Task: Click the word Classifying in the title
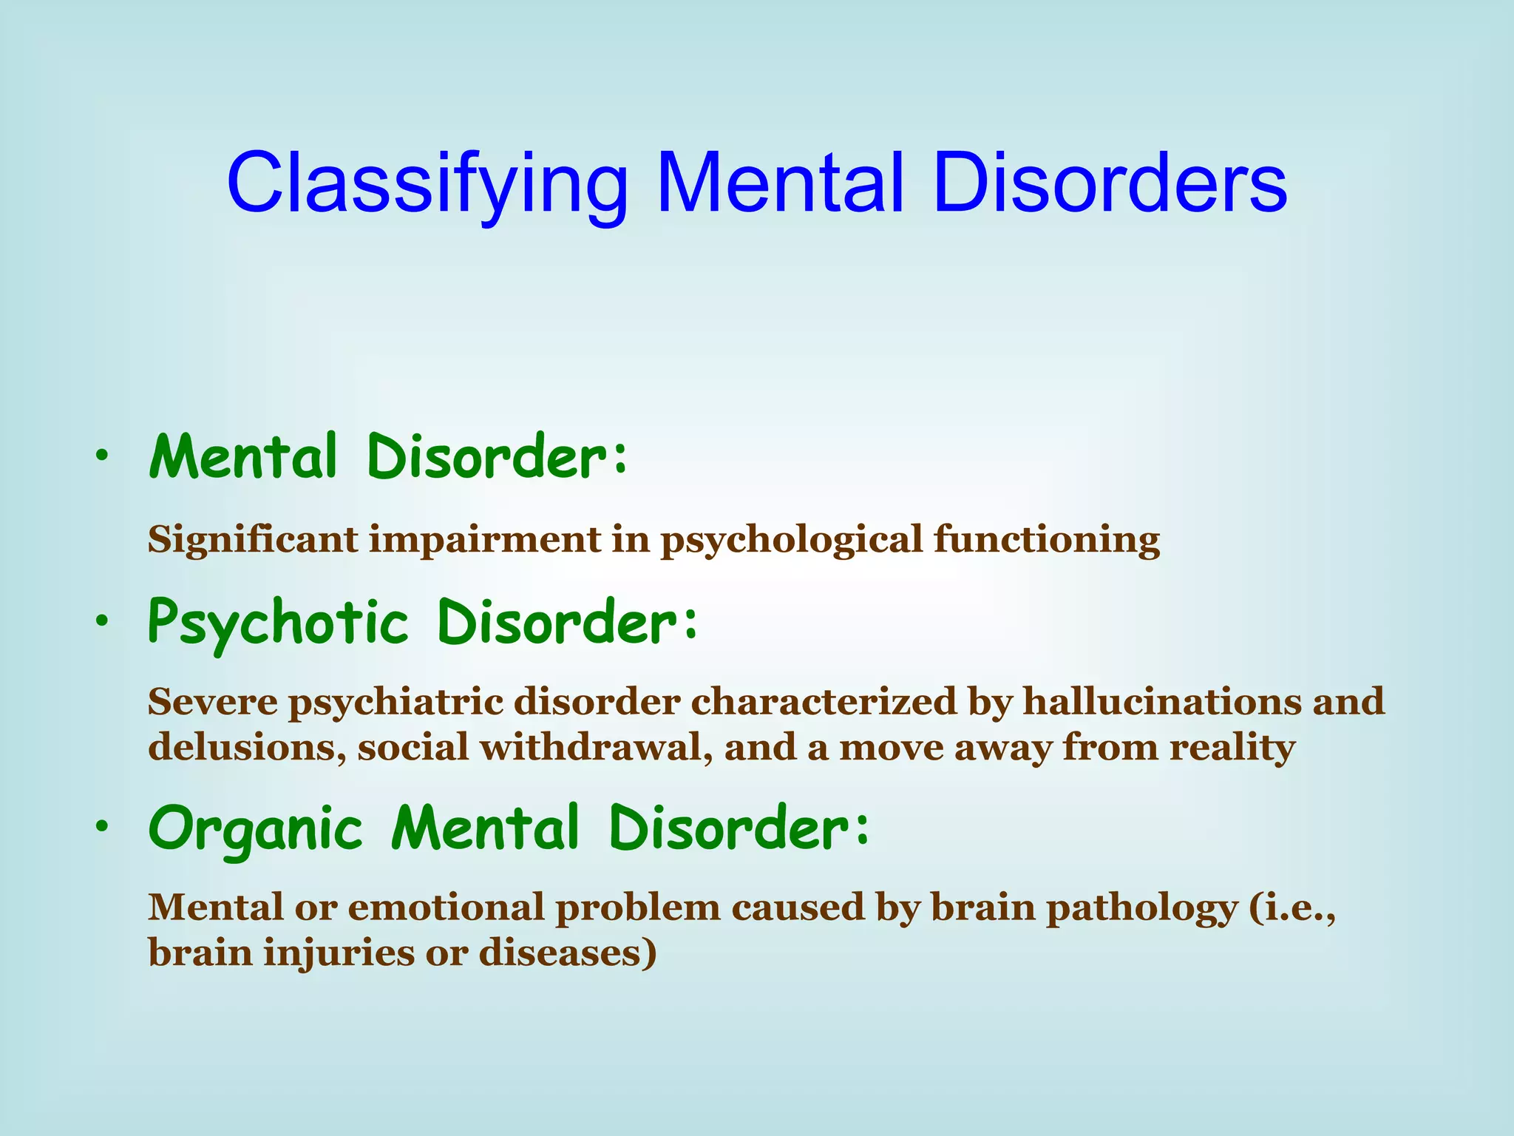427,183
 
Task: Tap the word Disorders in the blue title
1110,183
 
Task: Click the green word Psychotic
278,623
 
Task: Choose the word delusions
247,748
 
